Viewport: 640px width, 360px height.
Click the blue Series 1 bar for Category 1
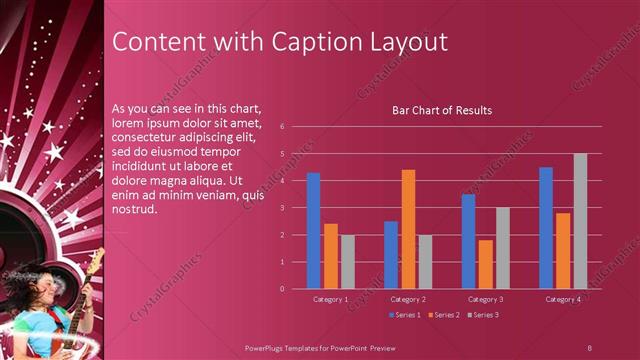coord(314,231)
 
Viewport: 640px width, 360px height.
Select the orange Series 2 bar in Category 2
coord(408,229)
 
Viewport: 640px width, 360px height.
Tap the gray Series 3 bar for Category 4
coord(580,221)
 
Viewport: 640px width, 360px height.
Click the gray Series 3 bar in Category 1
coord(348,262)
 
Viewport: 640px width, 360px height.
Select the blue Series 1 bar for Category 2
coord(391,255)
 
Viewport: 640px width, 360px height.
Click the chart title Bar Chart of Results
coord(441,110)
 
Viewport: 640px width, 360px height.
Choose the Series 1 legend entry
coord(404,315)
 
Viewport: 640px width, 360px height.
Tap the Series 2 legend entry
coord(442,315)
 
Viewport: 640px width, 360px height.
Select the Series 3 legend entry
coord(482,315)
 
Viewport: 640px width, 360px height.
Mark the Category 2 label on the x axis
coord(408,299)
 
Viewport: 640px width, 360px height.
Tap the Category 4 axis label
coord(563,299)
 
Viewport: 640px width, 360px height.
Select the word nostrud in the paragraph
coord(135,211)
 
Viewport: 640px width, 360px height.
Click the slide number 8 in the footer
coord(589,347)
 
